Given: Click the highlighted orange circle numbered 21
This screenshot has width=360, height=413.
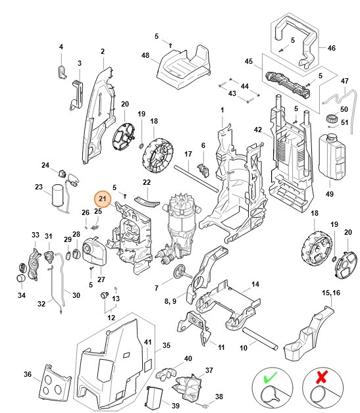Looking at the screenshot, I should click(x=102, y=199).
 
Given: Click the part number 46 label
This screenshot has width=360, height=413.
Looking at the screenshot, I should click(x=331, y=48).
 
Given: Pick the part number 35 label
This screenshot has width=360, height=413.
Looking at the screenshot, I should click(x=167, y=345).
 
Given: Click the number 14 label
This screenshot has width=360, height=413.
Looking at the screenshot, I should click(x=255, y=284).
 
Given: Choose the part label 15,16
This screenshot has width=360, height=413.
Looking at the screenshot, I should click(x=331, y=292).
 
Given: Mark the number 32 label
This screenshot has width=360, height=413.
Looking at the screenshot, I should click(x=41, y=304).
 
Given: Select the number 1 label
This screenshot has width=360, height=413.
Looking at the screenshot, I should click(x=222, y=109).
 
